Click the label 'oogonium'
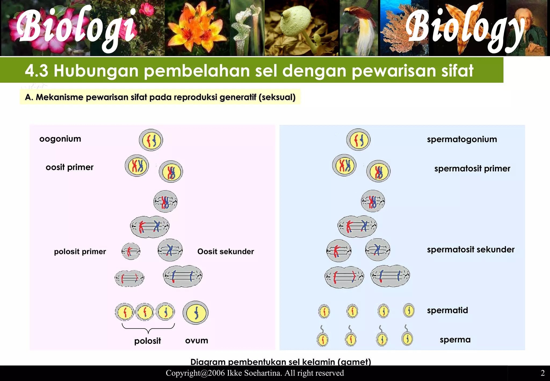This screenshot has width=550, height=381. click(x=60, y=139)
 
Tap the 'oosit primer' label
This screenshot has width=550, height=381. click(x=70, y=167)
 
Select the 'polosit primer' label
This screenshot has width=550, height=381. click(x=80, y=252)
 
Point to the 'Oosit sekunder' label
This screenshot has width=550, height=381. click(x=226, y=252)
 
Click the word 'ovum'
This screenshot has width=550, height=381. click(x=197, y=341)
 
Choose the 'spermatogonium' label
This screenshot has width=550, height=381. click(x=462, y=139)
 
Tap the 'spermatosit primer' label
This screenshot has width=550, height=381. click(x=472, y=169)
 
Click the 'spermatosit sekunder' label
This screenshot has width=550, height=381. click(x=471, y=250)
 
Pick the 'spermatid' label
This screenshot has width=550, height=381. click(x=447, y=311)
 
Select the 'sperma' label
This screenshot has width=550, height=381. click(x=455, y=340)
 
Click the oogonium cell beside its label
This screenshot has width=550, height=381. click(x=151, y=140)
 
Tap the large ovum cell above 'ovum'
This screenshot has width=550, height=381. click(x=196, y=313)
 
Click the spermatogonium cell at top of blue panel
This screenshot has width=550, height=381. click(x=358, y=140)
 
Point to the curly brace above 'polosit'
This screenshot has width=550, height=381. click(x=148, y=328)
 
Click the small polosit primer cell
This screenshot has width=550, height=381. click(x=131, y=251)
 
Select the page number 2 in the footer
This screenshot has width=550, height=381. click(x=542, y=373)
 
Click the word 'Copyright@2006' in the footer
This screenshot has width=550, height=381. click(x=195, y=373)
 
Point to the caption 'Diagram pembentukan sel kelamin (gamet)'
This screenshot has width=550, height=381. click(x=281, y=362)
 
